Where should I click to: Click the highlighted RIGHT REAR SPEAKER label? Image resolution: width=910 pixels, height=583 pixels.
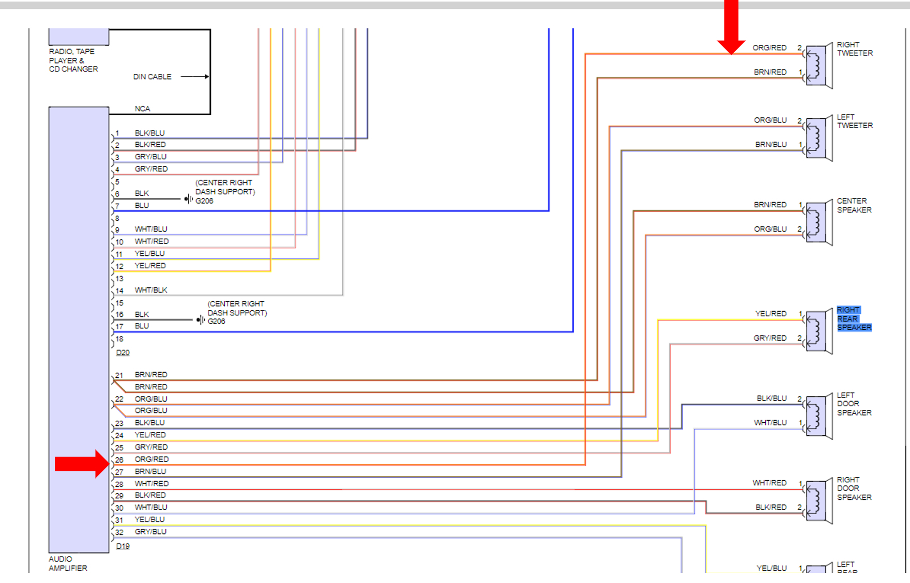click(854, 318)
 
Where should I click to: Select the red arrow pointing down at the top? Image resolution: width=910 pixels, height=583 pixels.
click(731, 26)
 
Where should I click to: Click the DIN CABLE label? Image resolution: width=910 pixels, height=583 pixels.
click(152, 76)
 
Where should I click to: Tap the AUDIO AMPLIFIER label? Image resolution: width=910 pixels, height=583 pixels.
click(68, 563)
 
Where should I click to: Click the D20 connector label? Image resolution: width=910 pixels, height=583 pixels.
click(123, 352)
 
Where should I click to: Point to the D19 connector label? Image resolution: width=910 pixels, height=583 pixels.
click(123, 546)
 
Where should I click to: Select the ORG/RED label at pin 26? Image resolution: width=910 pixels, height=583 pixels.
click(151, 459)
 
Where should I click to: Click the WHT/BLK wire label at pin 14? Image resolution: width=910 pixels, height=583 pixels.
click(151, 290)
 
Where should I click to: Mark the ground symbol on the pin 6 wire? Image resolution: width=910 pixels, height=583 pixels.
click(188, 199)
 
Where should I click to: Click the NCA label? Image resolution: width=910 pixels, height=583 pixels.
click(142, 109)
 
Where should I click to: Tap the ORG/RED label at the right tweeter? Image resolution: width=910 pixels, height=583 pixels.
click(769, 48)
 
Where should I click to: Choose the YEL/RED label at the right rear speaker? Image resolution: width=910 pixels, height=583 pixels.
click(770, 314)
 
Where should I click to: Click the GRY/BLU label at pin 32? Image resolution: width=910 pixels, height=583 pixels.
click(150, 531)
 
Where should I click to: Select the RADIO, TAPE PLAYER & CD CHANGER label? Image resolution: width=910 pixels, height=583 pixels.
click(73, 60)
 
